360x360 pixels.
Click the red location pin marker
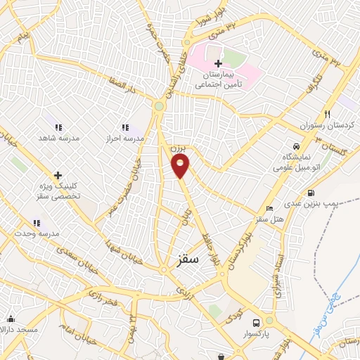(181, 166)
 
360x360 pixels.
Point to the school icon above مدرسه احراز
(125, 127)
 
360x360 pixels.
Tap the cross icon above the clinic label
(58, 174)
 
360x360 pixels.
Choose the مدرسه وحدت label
(37, 233)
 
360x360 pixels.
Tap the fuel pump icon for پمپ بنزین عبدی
(311, 193)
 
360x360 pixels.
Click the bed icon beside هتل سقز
(269, 208)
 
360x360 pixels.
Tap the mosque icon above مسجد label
(10, 318)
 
